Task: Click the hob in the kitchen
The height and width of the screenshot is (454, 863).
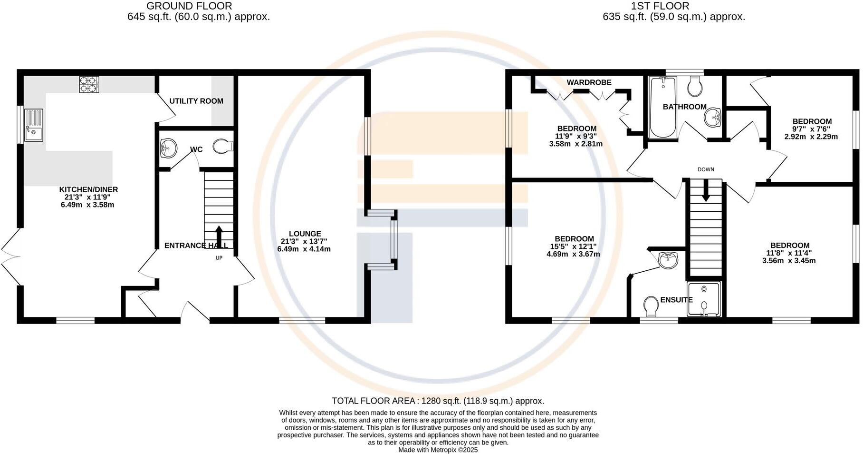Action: coord(89,84)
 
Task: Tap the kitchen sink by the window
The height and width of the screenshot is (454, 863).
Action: coord(34,125)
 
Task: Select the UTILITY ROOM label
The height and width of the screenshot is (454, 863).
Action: coord(196,101)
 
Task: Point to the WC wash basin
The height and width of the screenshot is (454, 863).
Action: coord(168,148)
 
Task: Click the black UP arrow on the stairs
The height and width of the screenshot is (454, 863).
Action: coord(219,235)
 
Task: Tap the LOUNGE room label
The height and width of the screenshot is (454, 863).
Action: coord(305,234)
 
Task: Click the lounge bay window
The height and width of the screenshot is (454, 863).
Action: coord(393,240)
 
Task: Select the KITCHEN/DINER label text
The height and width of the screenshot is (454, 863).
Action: coord(89,189)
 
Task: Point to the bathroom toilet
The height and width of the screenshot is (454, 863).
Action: coord(695,86)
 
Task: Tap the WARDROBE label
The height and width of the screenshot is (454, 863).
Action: coord(589,82)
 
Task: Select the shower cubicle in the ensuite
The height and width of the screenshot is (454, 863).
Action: coord(704,299)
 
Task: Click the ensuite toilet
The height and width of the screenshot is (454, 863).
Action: coord(651,306)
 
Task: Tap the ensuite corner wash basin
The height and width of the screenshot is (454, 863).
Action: coord(669,259)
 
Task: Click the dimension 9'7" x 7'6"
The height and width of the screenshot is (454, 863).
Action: coord(812,129)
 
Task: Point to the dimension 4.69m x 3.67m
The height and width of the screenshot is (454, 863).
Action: coord(573,254)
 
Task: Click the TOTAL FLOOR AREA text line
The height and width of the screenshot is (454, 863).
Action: coord(437,401)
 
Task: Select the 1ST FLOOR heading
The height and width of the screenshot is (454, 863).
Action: coord(660,6)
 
